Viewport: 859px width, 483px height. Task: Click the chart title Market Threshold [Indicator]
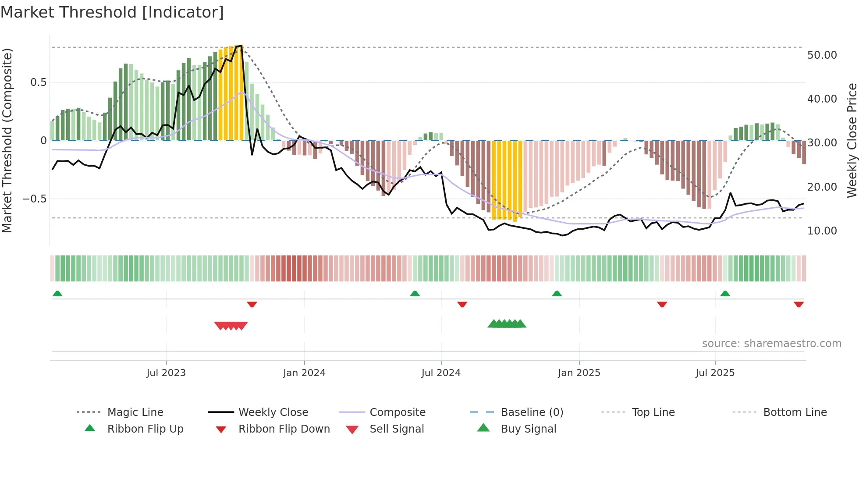tap(112, 12)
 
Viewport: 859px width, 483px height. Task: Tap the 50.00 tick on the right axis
tap(822, 55)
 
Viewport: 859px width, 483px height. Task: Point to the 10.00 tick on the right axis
tap(822, 231)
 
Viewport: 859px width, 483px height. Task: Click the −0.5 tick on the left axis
tap(35, 199)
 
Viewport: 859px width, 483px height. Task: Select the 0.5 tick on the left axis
tap(38, 82)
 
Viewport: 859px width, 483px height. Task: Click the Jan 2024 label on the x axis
tap(304, 373)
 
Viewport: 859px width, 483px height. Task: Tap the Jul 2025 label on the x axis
tap(715, 373)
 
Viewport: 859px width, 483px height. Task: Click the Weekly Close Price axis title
tap(852, 140)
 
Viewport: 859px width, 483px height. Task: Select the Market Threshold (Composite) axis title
tap(7, 140)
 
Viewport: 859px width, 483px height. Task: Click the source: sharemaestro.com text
tap(771, 344)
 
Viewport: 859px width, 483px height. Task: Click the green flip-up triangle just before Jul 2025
tap(725, 294)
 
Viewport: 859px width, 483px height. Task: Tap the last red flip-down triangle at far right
tap(799, 304)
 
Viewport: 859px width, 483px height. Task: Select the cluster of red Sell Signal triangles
tap(231, 326)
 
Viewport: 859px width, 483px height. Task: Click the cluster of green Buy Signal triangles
tap(507, 324)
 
